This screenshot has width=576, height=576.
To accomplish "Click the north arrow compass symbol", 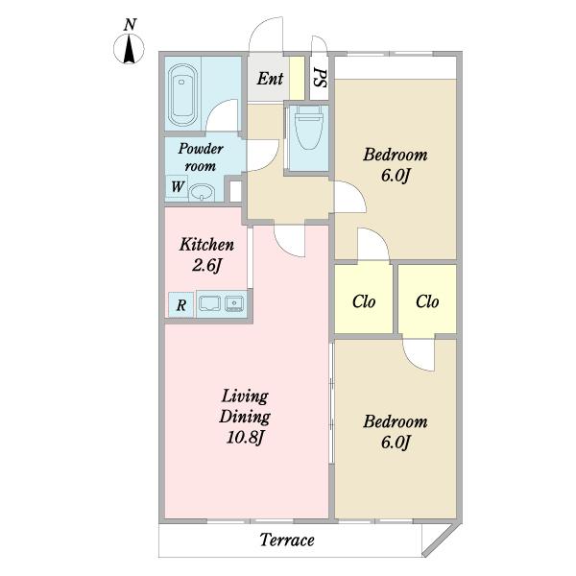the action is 129,49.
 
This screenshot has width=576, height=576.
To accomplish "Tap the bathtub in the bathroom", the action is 182,95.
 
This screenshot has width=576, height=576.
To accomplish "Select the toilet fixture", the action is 308,127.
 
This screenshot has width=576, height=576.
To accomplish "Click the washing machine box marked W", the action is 177,186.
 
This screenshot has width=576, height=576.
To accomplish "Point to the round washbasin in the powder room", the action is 202,193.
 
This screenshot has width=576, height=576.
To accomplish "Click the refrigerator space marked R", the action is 180,304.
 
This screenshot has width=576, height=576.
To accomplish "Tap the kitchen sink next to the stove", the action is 233,303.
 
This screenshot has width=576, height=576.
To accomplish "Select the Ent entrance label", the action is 270,79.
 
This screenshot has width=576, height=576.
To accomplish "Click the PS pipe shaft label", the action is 320,78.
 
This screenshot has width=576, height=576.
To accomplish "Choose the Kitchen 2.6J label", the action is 206,254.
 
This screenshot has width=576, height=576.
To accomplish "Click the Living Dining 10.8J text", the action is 245,418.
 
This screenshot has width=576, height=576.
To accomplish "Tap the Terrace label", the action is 287,540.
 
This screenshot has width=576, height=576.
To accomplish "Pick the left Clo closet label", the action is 364,301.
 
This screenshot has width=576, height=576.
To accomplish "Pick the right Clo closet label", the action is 427,301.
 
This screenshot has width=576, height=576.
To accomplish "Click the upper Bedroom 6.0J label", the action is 396,165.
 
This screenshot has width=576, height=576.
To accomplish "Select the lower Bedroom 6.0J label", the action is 396,432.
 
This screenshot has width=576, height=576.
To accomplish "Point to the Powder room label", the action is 201,157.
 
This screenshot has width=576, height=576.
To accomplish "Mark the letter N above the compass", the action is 130,24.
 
